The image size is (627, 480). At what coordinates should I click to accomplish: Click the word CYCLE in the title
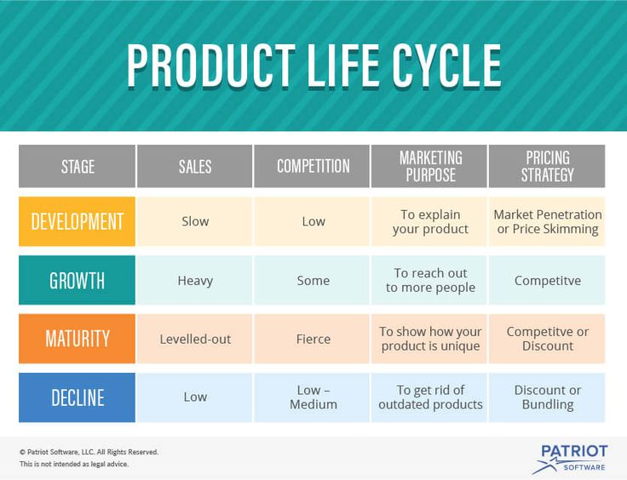coord(446,66)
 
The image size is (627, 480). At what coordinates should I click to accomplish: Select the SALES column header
coord(195,166)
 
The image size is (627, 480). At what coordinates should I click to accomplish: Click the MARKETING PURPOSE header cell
coord(429,166)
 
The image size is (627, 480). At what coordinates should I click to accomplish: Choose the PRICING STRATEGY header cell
coord(547,166)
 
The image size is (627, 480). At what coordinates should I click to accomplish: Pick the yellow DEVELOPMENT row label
coord(77,221)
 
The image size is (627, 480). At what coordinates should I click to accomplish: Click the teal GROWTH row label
coord(77,280)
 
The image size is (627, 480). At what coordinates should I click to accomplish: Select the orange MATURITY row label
coord(77,339)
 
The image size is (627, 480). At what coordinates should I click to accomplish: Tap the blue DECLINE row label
coord(77,397)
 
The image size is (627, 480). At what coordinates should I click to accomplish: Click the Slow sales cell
coord(195,221)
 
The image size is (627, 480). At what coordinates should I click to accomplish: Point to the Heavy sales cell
coord(195,280)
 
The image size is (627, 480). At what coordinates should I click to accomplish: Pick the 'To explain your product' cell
coord(429,221)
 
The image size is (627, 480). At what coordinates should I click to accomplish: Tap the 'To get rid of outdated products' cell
coord(429,397)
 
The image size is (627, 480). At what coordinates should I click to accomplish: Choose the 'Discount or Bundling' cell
coord(547,397)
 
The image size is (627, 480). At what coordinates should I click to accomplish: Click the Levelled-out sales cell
coord(195,339)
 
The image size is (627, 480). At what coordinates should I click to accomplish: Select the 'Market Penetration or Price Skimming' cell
coord(547,221)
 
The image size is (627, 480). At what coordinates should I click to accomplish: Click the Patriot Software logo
coord(571,459)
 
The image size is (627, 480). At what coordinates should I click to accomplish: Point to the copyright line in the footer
coord(89,452)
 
